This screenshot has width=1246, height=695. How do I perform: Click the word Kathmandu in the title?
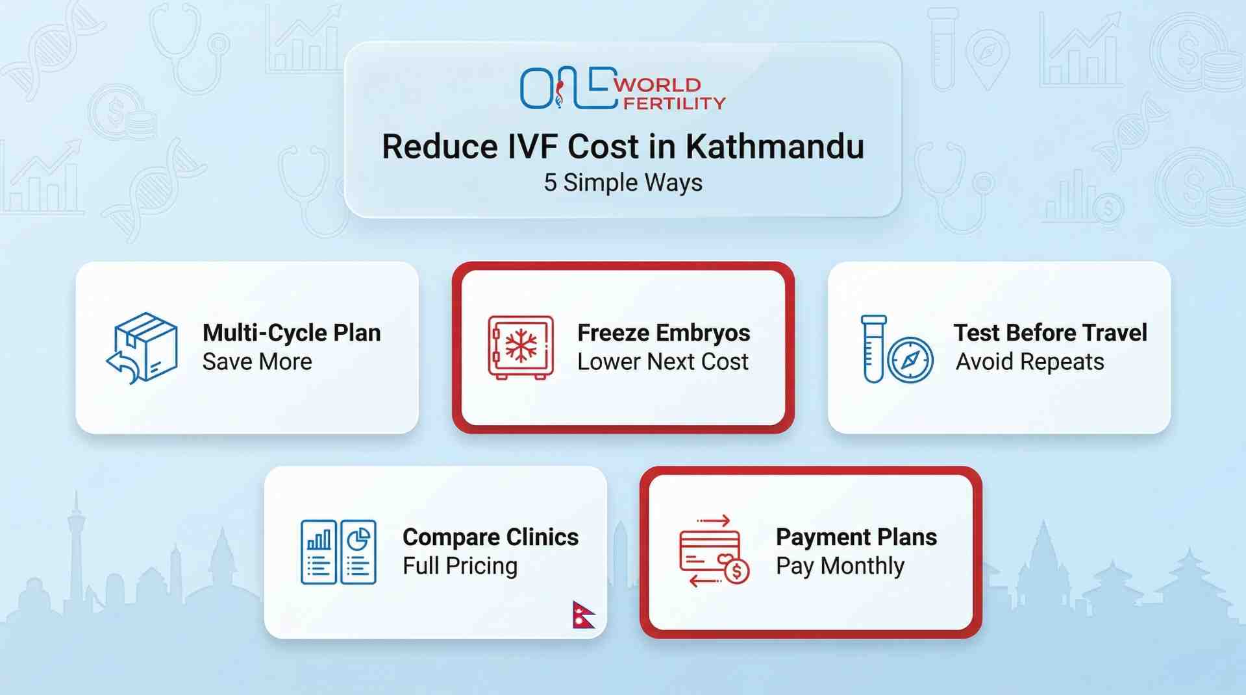(x=775, y=146)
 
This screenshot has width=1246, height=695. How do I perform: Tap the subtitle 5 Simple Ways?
(x=623, y=182)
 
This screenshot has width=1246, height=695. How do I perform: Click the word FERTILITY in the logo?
(x=673, y=103)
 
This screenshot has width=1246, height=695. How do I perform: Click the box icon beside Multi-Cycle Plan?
(x=143, y=348)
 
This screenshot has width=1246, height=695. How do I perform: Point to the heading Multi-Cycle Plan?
(x=292, y=333)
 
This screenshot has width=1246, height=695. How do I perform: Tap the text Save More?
(x=257, y=361)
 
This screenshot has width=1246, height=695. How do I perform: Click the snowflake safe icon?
(x=521, y=347)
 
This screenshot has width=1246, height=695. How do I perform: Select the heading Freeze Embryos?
(x=664, y=333)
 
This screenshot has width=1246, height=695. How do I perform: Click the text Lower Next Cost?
(x=663, y=361)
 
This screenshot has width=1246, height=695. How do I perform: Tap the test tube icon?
(x=873, y=348)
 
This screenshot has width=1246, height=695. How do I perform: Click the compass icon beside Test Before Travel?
(x=910, y=360)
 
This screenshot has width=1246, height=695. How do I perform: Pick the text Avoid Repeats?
(x=1030, y=361)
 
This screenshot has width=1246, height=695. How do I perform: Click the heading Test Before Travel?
(x=1050, y=333)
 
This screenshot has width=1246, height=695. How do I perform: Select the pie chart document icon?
(x=358, y=552)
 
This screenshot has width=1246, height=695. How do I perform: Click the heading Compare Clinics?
(x=490, y=537)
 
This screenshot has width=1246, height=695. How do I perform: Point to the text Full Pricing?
(x=460, y=566)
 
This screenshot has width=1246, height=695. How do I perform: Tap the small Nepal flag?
(x=582, y=615)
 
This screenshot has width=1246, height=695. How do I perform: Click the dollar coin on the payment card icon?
(x=736, y=572)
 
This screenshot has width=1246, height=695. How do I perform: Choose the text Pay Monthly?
(x=840, y=566)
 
